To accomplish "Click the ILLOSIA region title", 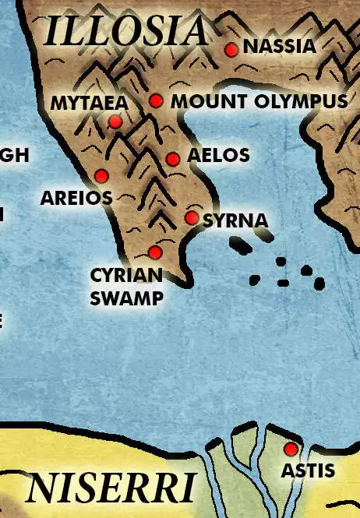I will click(x=126, y=31).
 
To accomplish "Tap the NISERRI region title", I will click(x=110, y=488).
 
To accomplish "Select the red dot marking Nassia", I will click(x=231, y=50).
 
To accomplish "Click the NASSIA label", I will click(x=280, y=47).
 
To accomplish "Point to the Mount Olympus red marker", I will click(x=156, y=100).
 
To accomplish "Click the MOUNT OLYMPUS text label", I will click(x=259, y=101).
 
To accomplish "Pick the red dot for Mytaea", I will click(x=115, y=122).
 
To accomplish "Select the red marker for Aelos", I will click(x=173, y=160).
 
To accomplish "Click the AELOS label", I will click(x=218, y=156).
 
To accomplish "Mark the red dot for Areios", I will click(x=101, y=174).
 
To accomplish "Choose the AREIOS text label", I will click(x=76, y=198).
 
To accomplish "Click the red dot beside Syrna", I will click(x=192, y=218).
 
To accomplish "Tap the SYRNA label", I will click(x=235, y=221).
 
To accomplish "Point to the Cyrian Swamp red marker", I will click(x=155, y=252).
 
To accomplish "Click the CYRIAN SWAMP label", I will click(x=126, y=286).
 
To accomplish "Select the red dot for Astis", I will click(x=291, y=449).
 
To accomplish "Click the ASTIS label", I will click(x=308, y=470).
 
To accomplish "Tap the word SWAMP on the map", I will click(x=126, y=298).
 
